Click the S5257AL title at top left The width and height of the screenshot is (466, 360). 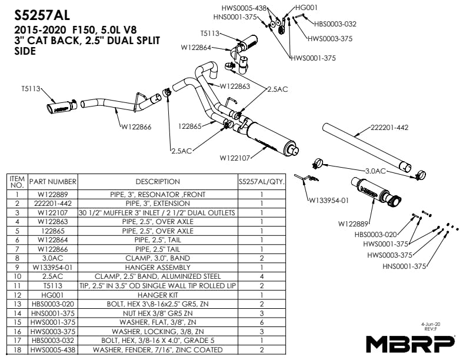point(42,15)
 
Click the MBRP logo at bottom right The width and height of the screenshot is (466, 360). point(410,344)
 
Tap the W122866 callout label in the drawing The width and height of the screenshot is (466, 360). point(137,127)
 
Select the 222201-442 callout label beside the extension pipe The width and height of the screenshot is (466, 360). point(390,128)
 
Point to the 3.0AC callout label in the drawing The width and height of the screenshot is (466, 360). point(375,171)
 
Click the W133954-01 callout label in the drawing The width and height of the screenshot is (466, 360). point(329,201)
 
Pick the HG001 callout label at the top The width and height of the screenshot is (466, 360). point(307,8)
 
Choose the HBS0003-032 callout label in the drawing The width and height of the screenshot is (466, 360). point(335,24)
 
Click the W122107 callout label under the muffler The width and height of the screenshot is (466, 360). point(235,158)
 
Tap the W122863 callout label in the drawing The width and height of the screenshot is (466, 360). point(235,86)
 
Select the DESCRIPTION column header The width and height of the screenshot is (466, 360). point(158,182)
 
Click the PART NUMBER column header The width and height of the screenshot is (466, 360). point(53,182)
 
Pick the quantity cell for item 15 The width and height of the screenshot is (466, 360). point(262,322)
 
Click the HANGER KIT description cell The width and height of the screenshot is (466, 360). point(158,295)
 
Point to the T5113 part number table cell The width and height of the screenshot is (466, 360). point(53,286)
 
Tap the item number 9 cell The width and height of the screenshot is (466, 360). point(17,267)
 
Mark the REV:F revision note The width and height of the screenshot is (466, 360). point(430,329)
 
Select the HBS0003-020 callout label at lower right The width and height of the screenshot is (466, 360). point(375,235)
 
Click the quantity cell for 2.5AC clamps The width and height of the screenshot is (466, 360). point(262,276)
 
